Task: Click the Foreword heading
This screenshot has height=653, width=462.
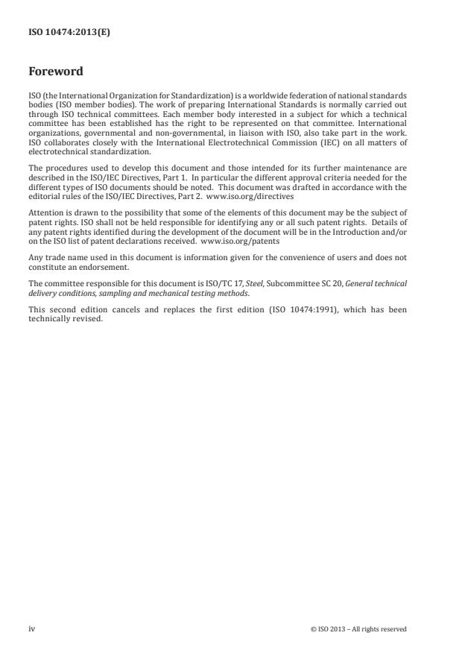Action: (x=55, y=72)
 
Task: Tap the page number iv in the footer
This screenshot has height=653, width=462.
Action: (x=31, y=628)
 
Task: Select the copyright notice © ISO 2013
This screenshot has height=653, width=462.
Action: (x=358, y=628)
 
